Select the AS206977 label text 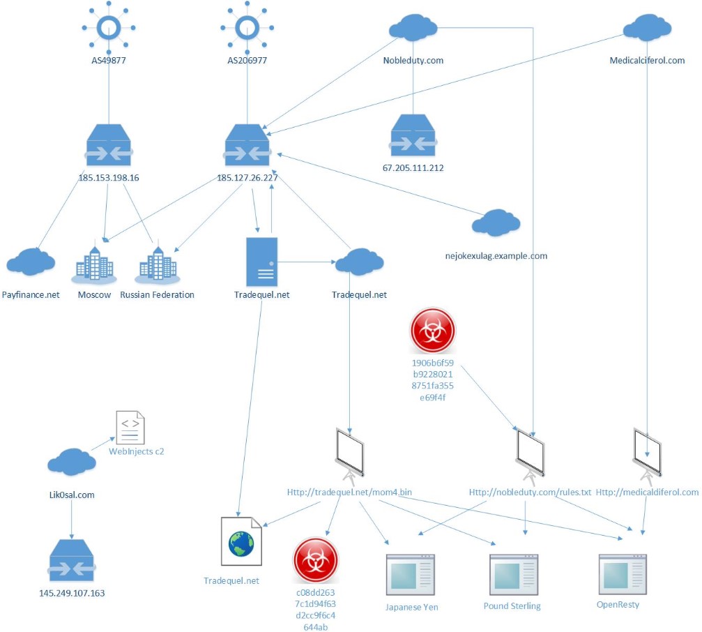point(247,61)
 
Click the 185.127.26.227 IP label point(247,177)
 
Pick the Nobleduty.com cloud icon point(413,29)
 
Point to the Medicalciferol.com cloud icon point(647,29)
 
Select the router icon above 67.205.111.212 point(413,136)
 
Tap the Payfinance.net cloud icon point(31,262)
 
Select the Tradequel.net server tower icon point(262,259)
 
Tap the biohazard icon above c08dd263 point(315,560)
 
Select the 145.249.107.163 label point(72,594)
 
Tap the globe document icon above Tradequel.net point(241,542)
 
